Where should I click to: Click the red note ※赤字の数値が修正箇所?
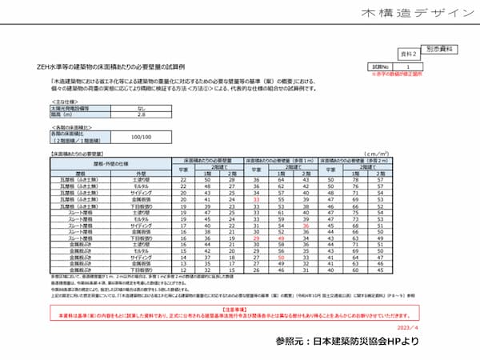(x=419, y=74)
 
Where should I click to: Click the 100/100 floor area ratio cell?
(x=141, y=138)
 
